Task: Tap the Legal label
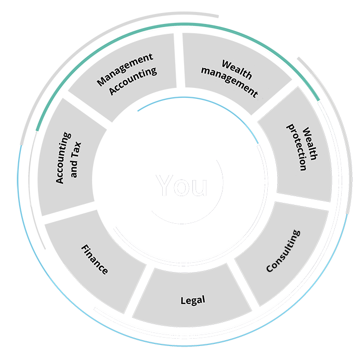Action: (x=192, y=300)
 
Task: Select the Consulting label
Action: (x=283, y=251)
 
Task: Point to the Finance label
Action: (x=95, y=259)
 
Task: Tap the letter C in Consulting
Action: (x=270, y=268)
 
